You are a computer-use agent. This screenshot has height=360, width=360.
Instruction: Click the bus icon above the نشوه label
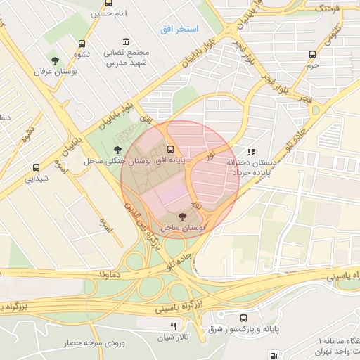84,43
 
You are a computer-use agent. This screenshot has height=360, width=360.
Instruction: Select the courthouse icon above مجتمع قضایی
126,42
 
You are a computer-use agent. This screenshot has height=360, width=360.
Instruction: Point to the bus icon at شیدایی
36,167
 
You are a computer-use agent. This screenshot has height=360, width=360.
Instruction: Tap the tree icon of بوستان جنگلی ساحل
117,149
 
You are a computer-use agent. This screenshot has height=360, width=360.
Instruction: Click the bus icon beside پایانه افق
171,148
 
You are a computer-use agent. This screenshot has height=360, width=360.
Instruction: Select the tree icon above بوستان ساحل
183,217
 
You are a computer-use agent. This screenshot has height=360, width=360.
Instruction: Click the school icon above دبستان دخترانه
251,151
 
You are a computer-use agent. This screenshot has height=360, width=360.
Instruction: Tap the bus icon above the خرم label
314,53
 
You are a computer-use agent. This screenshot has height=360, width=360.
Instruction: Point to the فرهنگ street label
328,9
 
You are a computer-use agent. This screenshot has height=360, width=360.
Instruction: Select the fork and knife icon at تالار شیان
173,326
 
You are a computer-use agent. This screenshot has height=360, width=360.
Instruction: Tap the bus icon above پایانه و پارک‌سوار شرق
244,318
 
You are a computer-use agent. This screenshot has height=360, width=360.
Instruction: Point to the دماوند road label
111,272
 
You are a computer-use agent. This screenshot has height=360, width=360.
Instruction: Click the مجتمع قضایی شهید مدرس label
126,58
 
